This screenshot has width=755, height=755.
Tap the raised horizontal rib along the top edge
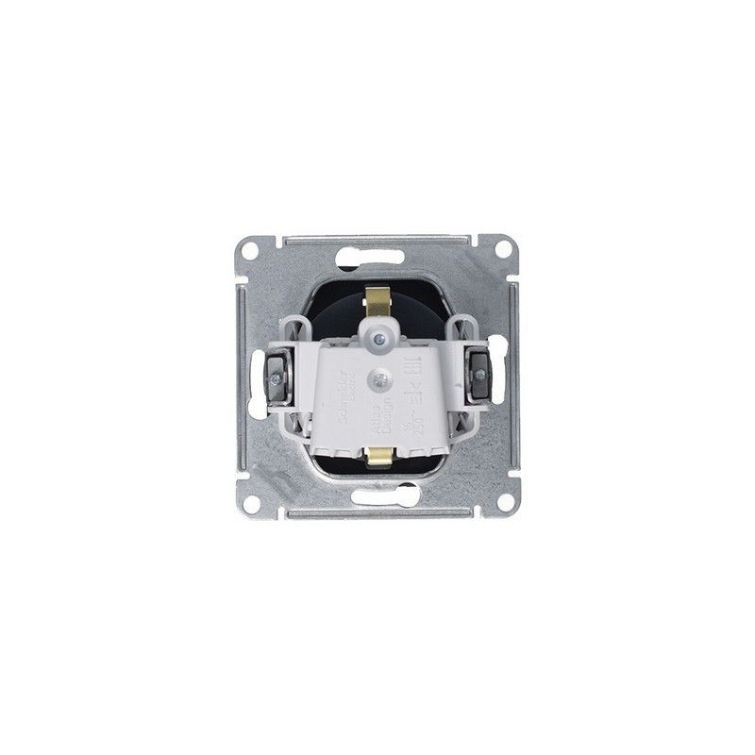[x=377, y=241]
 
